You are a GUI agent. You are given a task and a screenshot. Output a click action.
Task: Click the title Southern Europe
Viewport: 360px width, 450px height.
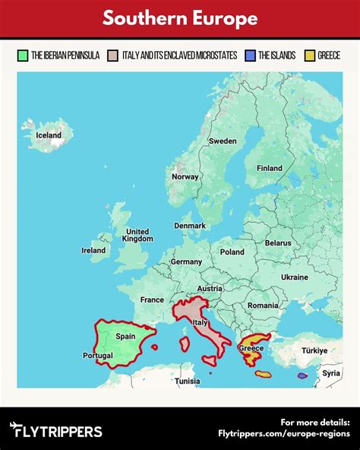point(180,18)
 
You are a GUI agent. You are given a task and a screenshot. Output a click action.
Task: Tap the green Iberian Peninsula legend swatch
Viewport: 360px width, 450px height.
point(24,55)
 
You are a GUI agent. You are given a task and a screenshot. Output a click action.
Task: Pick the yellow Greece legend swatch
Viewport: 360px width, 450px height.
point(308,55)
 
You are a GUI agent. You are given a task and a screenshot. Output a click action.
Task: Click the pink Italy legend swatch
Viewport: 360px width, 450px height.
point(114,55)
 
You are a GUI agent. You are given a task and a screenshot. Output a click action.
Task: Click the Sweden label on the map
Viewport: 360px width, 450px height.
point(223,141)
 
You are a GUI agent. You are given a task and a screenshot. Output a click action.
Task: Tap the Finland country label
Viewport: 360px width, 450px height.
point(269,169)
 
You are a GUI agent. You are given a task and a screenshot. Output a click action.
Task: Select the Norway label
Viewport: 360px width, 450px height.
point(185,177)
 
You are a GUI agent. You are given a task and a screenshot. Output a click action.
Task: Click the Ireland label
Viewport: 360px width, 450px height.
point(93,250)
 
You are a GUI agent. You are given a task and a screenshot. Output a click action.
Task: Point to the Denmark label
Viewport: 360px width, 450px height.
point(190,226)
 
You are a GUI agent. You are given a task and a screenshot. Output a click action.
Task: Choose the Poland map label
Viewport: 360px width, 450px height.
point(232,252)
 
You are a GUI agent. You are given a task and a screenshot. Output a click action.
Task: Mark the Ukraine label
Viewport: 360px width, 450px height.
point(295,277)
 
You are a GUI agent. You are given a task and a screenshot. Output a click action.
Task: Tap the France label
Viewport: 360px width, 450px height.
point(152,300)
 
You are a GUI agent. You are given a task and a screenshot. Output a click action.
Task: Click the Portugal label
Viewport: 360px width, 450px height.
point(97,356)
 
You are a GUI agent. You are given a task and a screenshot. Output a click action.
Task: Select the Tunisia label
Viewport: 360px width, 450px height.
point(187,381)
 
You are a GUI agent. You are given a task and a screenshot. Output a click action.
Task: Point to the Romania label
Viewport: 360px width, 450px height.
point(263,305)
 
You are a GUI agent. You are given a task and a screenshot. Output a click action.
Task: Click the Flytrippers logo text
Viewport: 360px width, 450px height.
point(57,431)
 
